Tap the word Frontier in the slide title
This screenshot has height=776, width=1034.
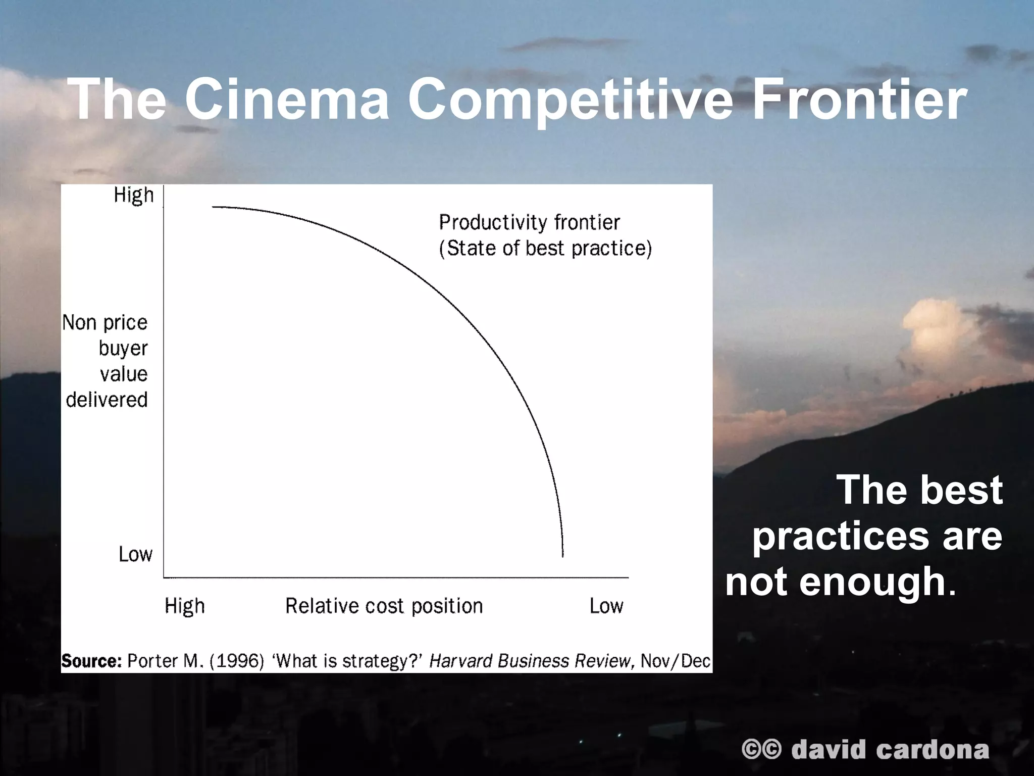coord(859,100)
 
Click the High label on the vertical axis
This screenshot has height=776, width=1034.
coord(134,195)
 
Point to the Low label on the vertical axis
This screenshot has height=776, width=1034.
coord(135,554)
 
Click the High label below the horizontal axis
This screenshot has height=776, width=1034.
coord(185,606)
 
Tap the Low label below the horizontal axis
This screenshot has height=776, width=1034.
coord(606,606)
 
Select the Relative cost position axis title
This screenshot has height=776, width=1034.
coord(384,606)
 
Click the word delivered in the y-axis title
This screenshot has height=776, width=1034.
coord(107,400)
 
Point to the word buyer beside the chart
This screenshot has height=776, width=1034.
coord(123,349)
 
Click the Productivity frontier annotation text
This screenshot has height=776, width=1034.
coord(529,222)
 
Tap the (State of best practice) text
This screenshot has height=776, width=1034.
coord(545,249)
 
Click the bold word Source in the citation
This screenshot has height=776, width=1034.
coord(91,661)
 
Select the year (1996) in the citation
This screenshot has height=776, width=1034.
coord(237,661)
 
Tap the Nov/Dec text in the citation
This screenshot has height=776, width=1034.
coord(676,661)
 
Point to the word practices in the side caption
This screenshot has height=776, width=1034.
coord(840,536)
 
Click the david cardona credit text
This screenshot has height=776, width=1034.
coord(890,750)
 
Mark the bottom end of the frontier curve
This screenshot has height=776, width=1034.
coord(563,556)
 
